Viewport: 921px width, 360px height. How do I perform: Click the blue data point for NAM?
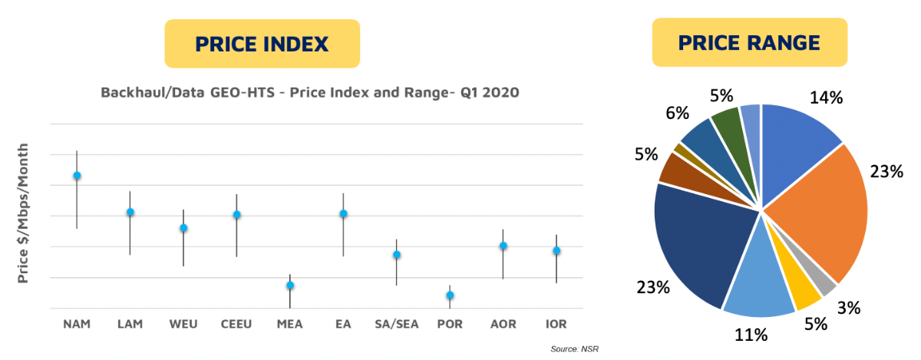tap(77, 176)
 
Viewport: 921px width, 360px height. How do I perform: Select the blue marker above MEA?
tap(290, 286)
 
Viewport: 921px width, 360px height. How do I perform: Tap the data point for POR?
tap(450, 296)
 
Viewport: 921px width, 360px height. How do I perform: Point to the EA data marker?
tap(344, 213)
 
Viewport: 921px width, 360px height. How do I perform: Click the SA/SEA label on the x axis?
tap(397, 324)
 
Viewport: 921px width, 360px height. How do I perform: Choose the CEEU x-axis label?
tap(237, 324)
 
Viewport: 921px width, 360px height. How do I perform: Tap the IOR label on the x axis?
tap(556, 324)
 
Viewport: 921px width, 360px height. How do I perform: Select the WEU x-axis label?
tap(183, 324)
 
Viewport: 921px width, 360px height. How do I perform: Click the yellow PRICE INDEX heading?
tap(262, 44)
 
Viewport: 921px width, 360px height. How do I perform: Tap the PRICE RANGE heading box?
tap(749, 43)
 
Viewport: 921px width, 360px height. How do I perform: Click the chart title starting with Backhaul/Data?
tap(310, 93)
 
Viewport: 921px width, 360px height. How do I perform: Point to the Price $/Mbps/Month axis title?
tap(23, 213)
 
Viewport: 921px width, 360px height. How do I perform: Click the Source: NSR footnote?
tap(573, 349)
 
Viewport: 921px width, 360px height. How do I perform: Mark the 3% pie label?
tap(848, 308)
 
